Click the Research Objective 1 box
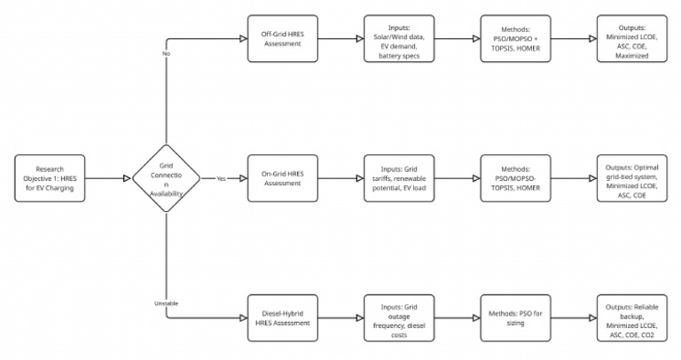point(51,178)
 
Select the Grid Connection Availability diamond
point(167,178)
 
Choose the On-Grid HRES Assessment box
point(281,178)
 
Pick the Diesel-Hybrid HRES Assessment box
point(281,317)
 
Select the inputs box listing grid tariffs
point(399,178)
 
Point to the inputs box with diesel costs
point(399,317)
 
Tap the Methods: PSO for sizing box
point(515,317)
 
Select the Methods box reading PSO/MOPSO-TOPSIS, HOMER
point(515,178)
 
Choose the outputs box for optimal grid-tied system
point(631,178)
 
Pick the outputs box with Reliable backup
point(631,317)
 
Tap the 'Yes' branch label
point(222,178)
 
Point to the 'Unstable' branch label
point(167,303)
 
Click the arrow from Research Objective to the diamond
point(109,178)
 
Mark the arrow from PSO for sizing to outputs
point(573,317)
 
